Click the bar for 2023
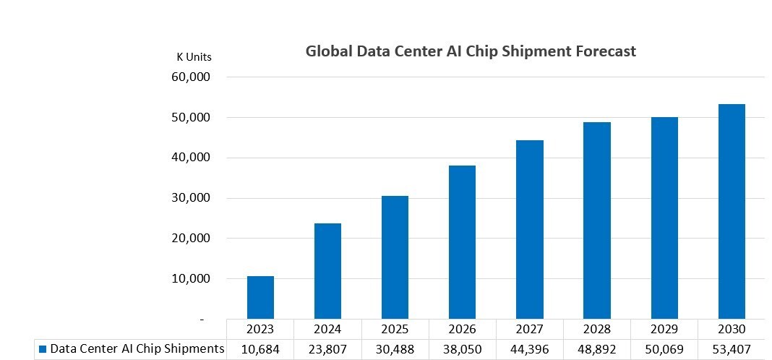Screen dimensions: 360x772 [x=260, y=297]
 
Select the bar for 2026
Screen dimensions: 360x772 [x=462, y=242]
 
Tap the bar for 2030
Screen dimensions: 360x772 [x=732, y=211]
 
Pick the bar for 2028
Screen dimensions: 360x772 [x=597, y=220]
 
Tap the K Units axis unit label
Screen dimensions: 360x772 [x=194, y=56]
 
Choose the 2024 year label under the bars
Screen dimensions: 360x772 [x=327, y=329]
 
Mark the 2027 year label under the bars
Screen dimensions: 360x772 [x=530, y=329]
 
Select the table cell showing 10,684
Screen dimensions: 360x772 [x=260, y=349]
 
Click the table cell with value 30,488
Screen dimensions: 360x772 [x=395, y=349]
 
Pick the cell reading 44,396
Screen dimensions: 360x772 [x=530, y=349]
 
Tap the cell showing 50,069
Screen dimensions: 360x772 [x=664, y=349]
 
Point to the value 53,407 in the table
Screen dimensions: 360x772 [x=732, y=349]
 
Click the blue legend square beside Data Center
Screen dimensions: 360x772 [x=43, y=349]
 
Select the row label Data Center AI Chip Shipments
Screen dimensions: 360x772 [x=137, y=349]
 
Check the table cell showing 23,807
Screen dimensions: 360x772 [x=327, y=349]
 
